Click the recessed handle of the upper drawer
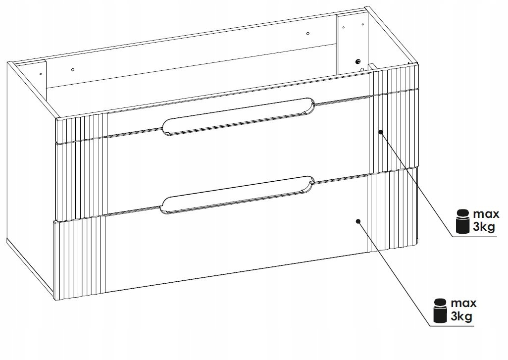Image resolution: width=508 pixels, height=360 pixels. [238, 116]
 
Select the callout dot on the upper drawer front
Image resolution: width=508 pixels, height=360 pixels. [381, 132]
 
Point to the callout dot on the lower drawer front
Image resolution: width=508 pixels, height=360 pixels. [358, 221]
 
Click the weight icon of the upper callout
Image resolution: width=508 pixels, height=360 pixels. [462, 221]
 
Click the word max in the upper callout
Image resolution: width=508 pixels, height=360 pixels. [486, 214]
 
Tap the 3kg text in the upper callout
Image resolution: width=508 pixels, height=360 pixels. [485, 227]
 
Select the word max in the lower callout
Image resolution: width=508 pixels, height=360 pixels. [463, 303]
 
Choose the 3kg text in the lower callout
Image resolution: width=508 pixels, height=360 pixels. [461, 316]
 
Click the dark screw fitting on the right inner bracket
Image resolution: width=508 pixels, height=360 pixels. [358, 61]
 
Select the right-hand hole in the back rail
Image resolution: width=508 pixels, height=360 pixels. [308, 33]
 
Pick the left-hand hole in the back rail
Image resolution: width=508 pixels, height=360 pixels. [73, 69]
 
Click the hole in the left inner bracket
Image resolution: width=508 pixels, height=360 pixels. [41, 74]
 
